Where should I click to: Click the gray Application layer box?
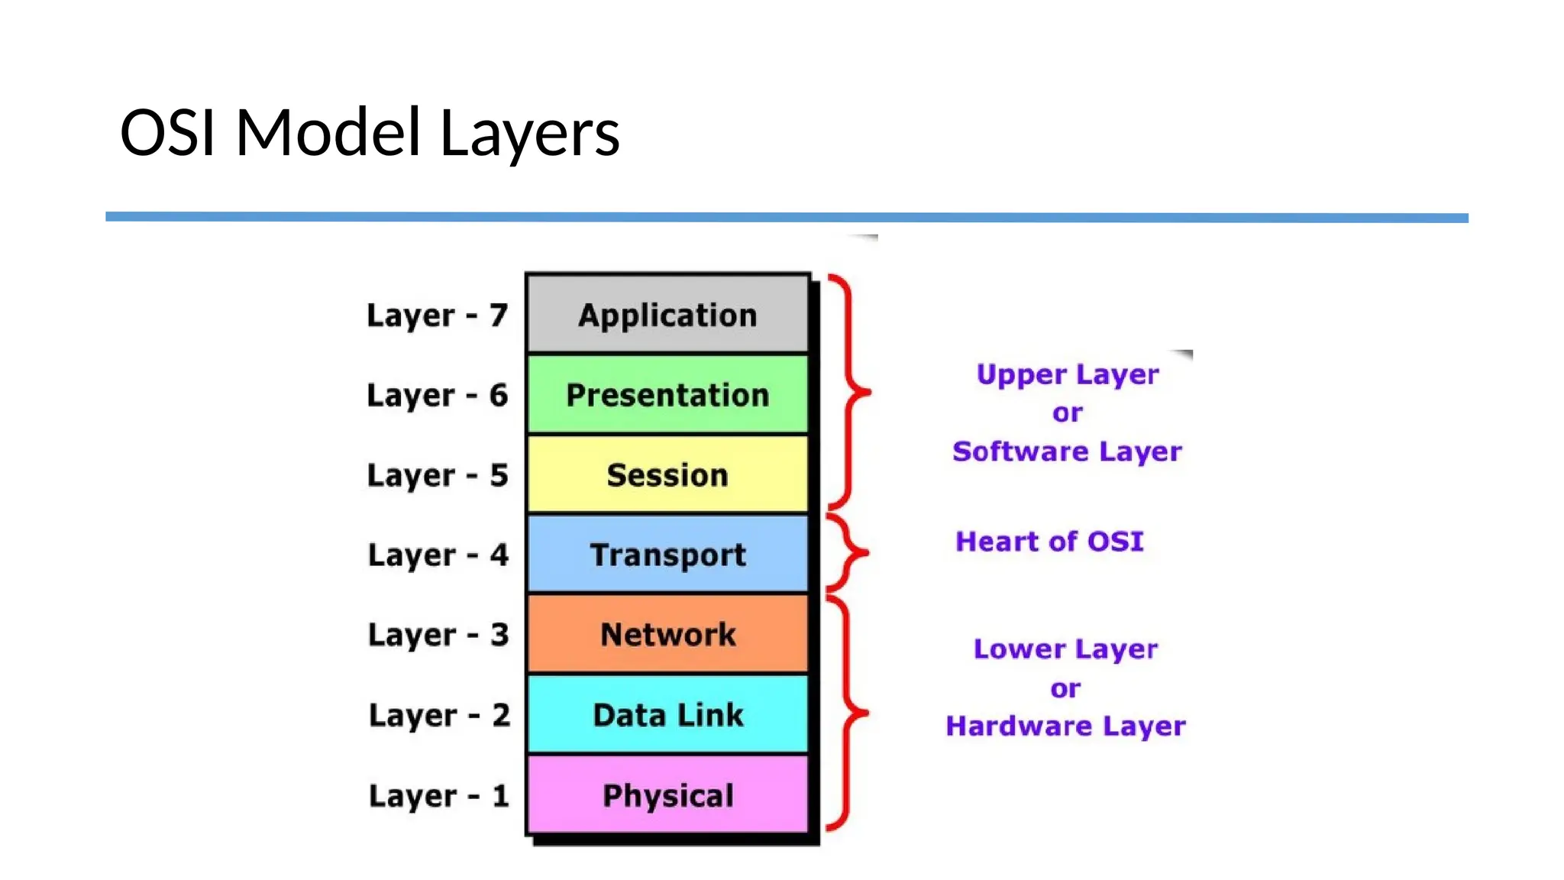667,315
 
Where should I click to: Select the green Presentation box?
667,395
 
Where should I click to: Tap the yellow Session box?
667,474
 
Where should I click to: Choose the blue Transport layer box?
667,555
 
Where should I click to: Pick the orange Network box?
667,634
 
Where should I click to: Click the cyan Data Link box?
667,715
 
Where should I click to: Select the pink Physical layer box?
667,795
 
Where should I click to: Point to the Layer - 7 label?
437,315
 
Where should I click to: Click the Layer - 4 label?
438,555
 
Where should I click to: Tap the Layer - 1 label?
438,796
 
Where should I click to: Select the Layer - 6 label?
437,396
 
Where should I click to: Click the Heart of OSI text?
1049,542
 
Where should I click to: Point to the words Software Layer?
1067,451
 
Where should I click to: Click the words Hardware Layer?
1065,726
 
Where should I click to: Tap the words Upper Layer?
1067,374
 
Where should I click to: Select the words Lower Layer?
1065,649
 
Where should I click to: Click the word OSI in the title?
167,133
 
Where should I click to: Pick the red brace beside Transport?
848,552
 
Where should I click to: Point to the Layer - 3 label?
438,635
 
